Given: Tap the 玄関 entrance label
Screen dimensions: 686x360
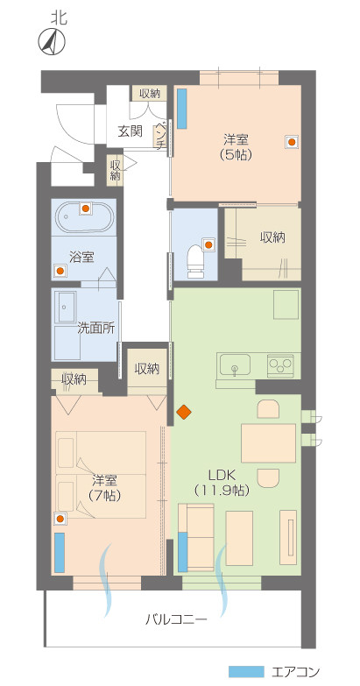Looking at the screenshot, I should pos(130,131).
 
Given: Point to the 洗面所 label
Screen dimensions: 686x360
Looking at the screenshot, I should pos(95,329).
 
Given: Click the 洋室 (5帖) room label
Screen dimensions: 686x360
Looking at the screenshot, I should pos(235,146).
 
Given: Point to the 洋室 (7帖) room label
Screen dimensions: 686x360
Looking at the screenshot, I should pos(105,487).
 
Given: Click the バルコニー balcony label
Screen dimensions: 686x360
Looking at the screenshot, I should pos(176,619).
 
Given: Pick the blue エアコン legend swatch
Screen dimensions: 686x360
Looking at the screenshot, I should pos(246,672).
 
